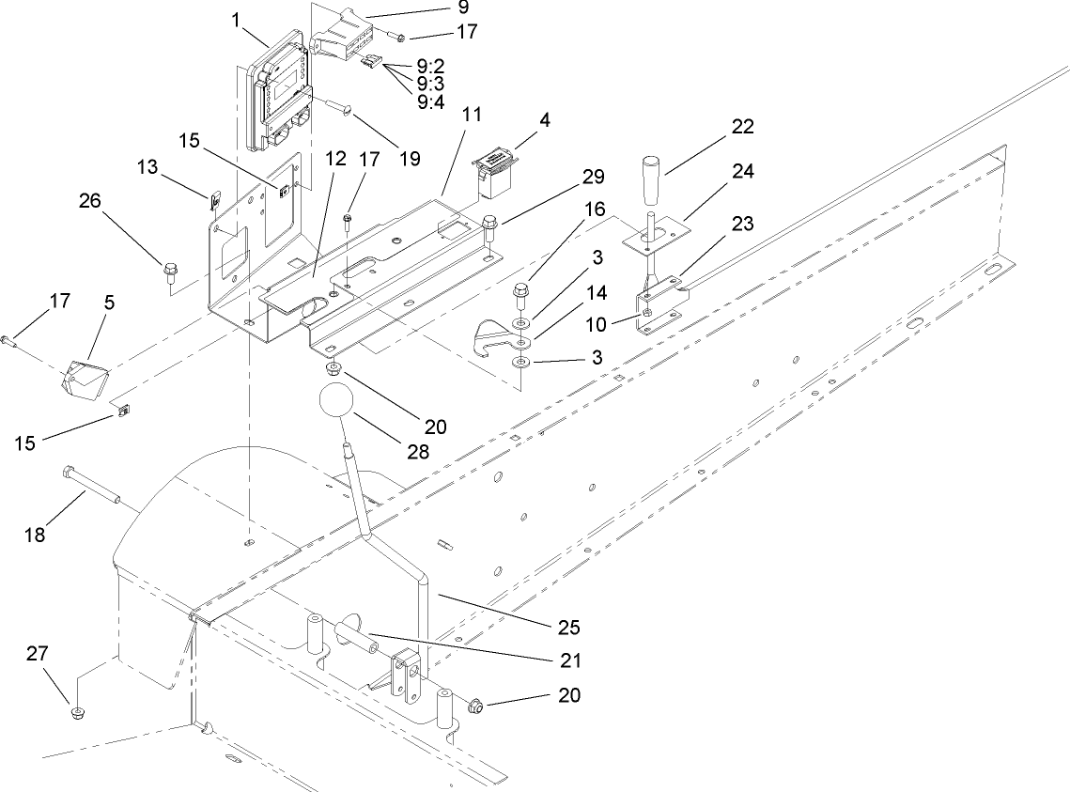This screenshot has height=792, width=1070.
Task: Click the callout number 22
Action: tap(741, 127)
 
